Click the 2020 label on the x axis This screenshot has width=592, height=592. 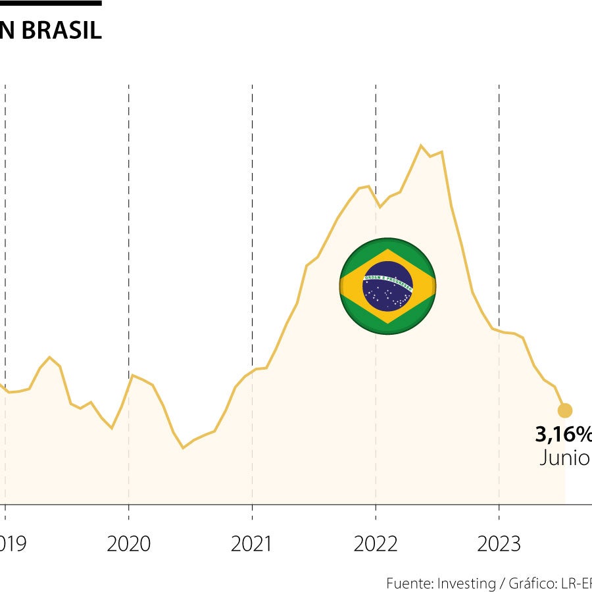[129, 544]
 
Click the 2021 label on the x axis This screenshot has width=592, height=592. [253, 544]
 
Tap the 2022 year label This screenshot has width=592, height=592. [376, 544]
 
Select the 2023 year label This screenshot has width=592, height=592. [499, 544]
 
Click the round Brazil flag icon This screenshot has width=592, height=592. [387, 285]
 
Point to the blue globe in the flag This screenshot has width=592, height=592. [387, 285]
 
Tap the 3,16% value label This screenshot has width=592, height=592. [563, 435]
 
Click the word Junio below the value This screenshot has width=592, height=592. [564, 458]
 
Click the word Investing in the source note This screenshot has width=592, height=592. [466, 583]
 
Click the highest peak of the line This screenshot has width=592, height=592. [421, 145]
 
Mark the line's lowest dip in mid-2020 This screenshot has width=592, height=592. [184, 448]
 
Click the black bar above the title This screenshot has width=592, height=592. [51, 3]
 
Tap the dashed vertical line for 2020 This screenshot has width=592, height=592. [129, 197]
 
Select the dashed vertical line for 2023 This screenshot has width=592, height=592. [499, 197]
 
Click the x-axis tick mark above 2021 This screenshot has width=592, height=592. [253, 511]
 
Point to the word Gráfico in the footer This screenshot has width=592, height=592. [532, 583]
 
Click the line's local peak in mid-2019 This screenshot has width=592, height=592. [49, 357]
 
